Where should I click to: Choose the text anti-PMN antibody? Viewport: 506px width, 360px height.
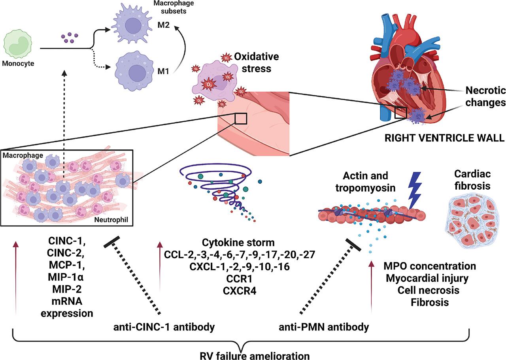[x=325, y=327]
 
